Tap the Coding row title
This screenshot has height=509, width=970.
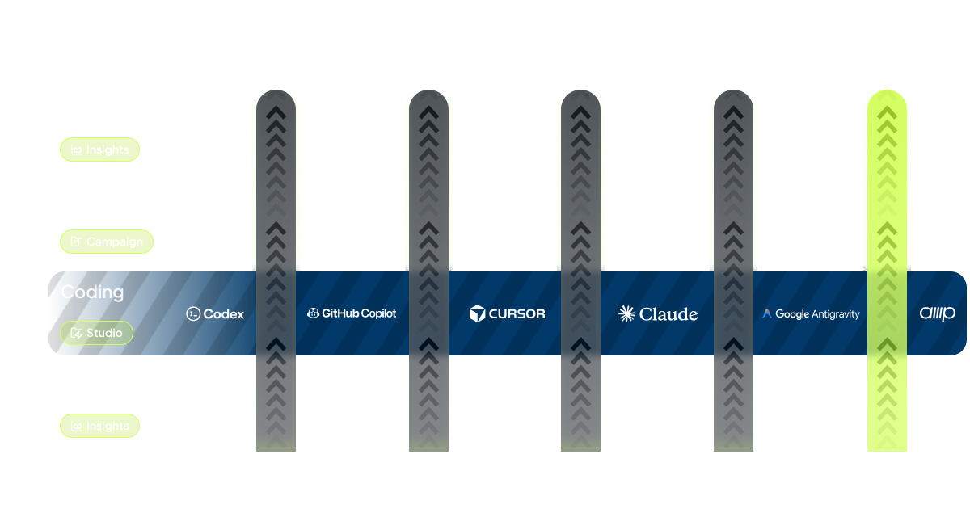pos(92,292)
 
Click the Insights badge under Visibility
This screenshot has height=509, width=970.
pos(100,149)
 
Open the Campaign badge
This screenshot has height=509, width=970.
pos(107,242)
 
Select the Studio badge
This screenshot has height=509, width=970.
pos(97,333)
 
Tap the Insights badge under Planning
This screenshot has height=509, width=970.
pos(100,426)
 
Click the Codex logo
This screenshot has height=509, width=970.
pos(215,314)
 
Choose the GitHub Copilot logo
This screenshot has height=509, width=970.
pos(352,313)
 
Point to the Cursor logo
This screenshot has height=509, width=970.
pos(508,313)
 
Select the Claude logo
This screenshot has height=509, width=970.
pos(658,314)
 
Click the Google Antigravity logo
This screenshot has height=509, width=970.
pos(811,314)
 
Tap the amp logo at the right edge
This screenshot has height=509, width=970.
pos(938,313)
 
